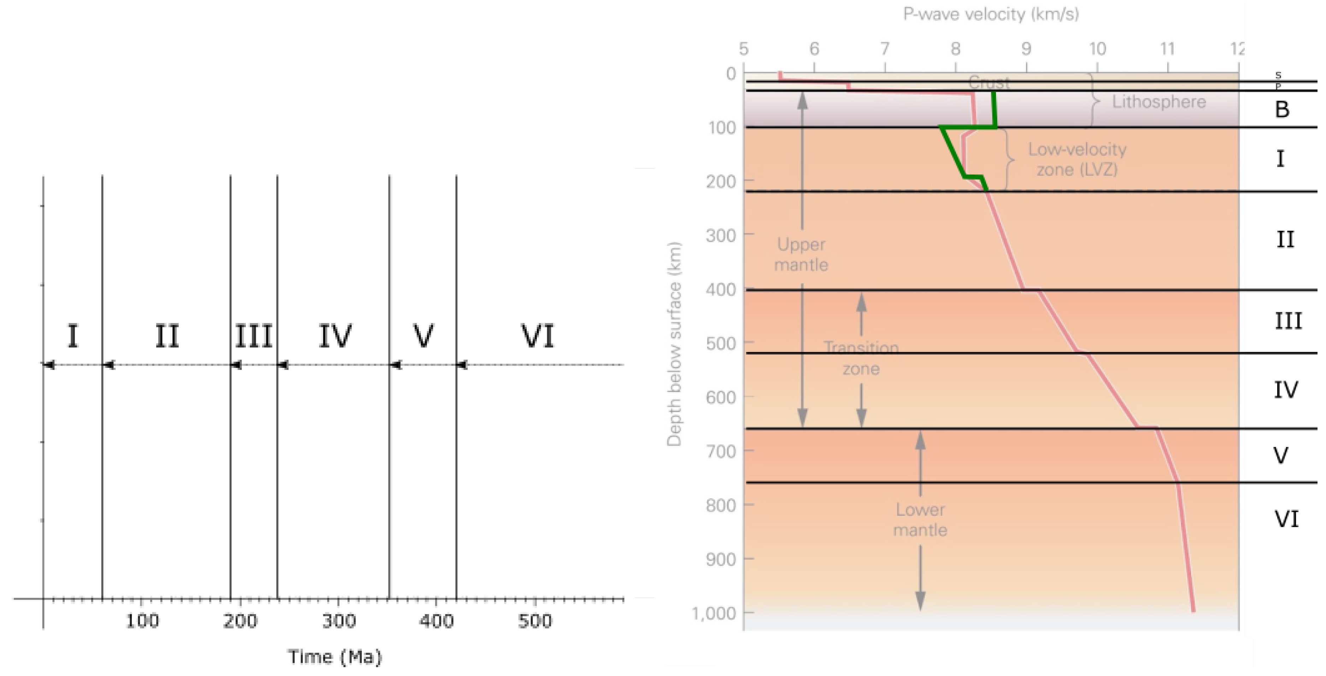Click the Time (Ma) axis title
(335, 657)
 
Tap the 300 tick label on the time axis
(339, 621)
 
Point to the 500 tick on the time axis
(535, 621)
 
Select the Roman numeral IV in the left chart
(335, 336)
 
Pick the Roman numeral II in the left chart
(167, 336)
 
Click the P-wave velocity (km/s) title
(991, 14)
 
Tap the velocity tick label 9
(1026, 49)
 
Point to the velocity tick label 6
(814, 49)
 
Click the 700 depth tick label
(721, 452)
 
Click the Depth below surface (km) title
(674, 344)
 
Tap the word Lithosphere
(1159, 102)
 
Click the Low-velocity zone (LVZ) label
(1077, 160)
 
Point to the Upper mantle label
(801, 254)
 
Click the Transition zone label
(861, 358)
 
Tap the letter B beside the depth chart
(1282, 109)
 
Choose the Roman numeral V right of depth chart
(1281, 455)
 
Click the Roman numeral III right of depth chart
(1288, 321)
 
